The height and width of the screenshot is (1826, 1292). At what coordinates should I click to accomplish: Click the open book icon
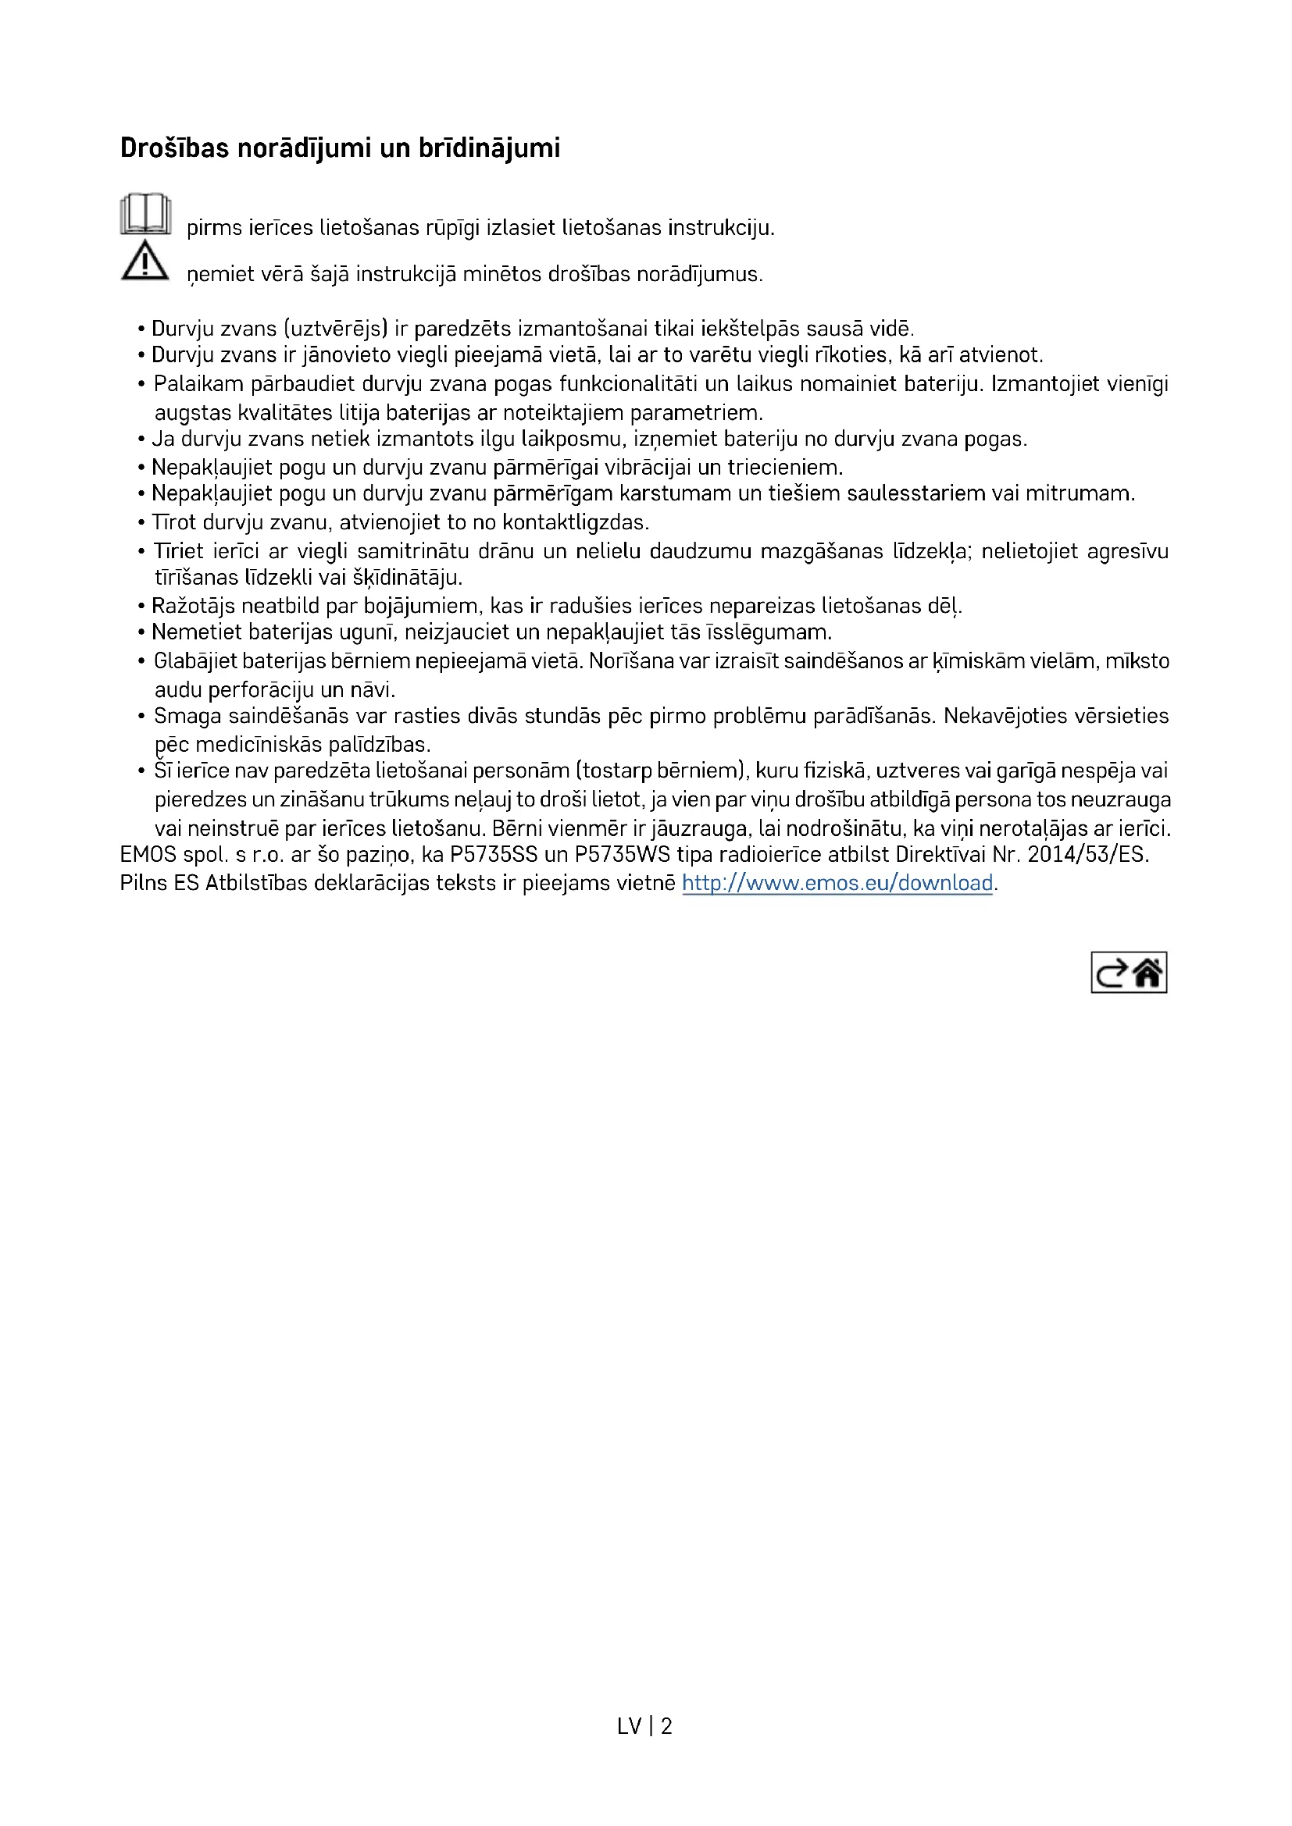[145, 214]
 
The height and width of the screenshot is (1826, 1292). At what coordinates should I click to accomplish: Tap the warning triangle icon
[145, 261]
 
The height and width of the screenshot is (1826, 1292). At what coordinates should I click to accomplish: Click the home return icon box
[1128, 972]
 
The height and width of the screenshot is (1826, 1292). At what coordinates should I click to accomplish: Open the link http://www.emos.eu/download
[837, 883]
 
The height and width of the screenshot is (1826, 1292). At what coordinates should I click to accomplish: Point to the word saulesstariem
[915, 494]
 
